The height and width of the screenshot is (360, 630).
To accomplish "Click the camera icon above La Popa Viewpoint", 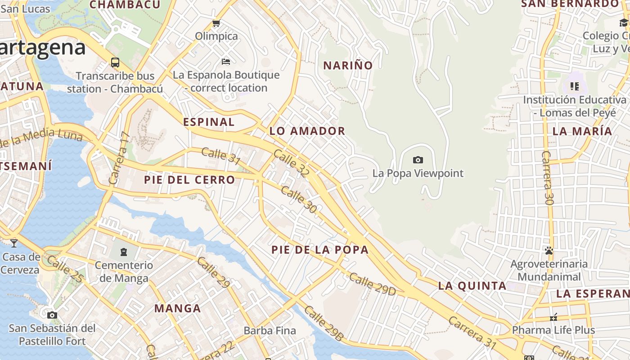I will pyautogui.click(x=418, y=160).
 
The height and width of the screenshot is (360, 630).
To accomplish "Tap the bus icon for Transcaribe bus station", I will pyautogui.click(x=115, y=63).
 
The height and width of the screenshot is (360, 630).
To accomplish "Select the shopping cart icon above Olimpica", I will pyautogui.click(x=216, y=23).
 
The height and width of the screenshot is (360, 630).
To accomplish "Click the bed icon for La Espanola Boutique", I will pyautogui.click(x=226, y=61).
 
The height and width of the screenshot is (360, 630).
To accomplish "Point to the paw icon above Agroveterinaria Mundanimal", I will pyautogui.click(x=549, y=251).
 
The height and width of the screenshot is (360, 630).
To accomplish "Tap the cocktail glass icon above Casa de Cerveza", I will pyautogui.click(x=14, y=243).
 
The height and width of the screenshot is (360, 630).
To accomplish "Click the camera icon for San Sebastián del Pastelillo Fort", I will pyautogui.click(x=52, y=315).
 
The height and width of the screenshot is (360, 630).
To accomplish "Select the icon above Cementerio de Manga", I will pyautogui.click(x=124, y=252).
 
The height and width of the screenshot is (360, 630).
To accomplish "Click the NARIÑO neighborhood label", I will pyautogui.click(x=348, y=65).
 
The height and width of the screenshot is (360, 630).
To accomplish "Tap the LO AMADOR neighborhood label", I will pyautogui.click(x=307, y=131).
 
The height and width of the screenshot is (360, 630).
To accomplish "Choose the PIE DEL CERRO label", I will pyautogui.click(x=189, y=180).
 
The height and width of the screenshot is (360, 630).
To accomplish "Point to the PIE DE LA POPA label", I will pyautogui.click(x=320, y=250).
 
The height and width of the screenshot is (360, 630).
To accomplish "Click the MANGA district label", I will pyautogui.click(x=178, y=308).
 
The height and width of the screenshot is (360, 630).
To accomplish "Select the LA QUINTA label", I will pyautogui.click(x=472, y=286).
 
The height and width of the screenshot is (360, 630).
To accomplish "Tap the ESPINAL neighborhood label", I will pyautogui.click(x=209, y=122).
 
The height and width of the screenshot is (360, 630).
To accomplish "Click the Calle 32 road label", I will pyautogui.click(x=292, y=163).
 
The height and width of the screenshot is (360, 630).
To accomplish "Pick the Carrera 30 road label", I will pyautogui.click(x=547, y=178).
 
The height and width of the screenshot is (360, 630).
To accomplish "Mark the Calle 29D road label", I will pyautogui.click(x=372, y=284).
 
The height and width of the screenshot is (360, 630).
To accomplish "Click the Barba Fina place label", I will pyautogui.click(x=270, y=331).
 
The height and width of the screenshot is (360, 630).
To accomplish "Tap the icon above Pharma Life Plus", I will pyautogui.click(x=553, y=317).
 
